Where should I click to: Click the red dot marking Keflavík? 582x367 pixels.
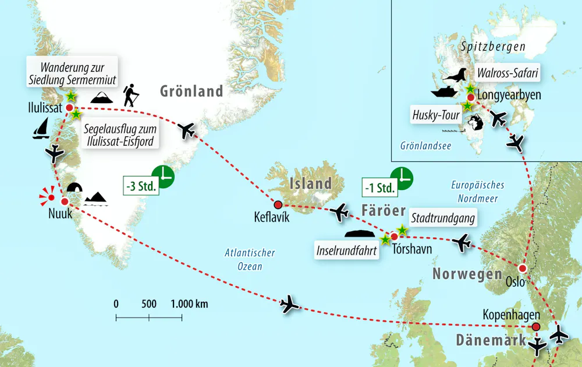(x=278, y=204)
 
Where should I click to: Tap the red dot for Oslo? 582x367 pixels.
(x=523, y=269)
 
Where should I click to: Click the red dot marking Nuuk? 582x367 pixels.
(x=65, y=202)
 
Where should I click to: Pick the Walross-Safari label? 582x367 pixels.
(x=506, y=74)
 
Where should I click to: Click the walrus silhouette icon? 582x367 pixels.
(x=454, y=75)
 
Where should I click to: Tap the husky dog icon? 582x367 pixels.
(x=474, y=124)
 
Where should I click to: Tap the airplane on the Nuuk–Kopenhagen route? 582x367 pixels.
(x=289, y=304)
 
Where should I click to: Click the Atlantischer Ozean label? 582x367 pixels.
(x=250, y=259)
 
